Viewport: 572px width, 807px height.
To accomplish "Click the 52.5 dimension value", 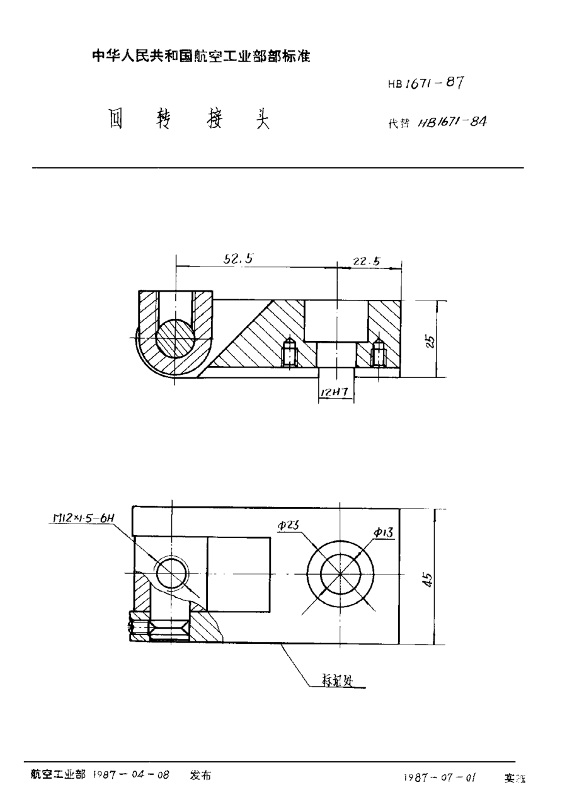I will (237, 259).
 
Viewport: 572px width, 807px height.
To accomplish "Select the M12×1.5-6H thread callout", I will (81, 518).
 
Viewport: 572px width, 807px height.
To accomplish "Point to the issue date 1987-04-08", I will (132, 776).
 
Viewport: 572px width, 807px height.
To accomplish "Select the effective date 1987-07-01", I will (439, 779).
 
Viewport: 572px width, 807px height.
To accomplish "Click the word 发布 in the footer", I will (200, 776).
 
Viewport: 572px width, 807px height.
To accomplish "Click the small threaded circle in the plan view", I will (172, 573).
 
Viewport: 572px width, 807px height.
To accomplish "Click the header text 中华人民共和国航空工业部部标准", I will (202, 56).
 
